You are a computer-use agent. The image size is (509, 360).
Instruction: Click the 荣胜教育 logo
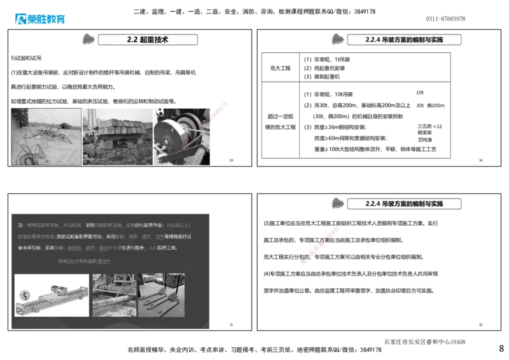pos(39,19)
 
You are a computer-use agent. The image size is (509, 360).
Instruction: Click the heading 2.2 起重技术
pos(148,39)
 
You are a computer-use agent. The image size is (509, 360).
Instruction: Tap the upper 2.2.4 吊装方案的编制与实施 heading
pos(404,39)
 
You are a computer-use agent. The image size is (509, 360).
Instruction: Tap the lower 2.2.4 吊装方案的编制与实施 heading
pos(404,204)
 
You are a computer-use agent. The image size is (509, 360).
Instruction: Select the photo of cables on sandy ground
pos(46,137)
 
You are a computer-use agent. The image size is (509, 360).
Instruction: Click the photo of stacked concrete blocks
pos(117,130)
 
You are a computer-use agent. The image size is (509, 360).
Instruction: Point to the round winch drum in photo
pos(172,134)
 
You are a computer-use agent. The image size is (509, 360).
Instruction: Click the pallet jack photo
pos(162,296)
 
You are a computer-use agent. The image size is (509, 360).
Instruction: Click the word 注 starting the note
pos(20,225)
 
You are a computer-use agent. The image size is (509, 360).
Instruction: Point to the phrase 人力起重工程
pos(167,247)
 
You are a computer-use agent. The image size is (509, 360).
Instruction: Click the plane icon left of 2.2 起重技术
pos(90,39)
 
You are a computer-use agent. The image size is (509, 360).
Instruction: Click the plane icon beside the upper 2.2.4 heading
pos(337,39)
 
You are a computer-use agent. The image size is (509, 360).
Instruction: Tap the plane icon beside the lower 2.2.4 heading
pos(336,204)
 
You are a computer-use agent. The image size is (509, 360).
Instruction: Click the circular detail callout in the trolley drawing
pos(24,295)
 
